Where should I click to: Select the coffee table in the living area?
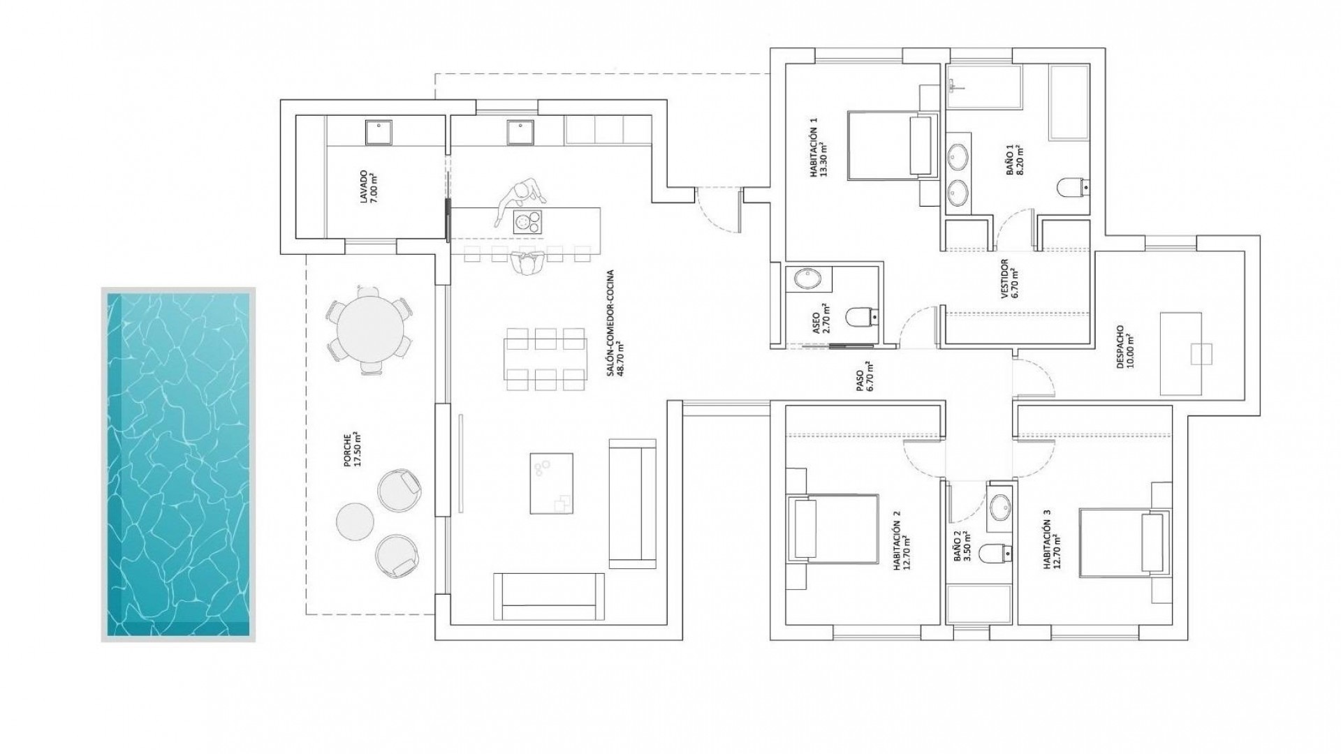click(x=551, y=483)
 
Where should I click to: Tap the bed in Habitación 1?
click(x=890, y=145)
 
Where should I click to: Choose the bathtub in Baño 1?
click(x=1069, y=103)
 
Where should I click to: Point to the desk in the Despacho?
click(x=1181, y=353)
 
